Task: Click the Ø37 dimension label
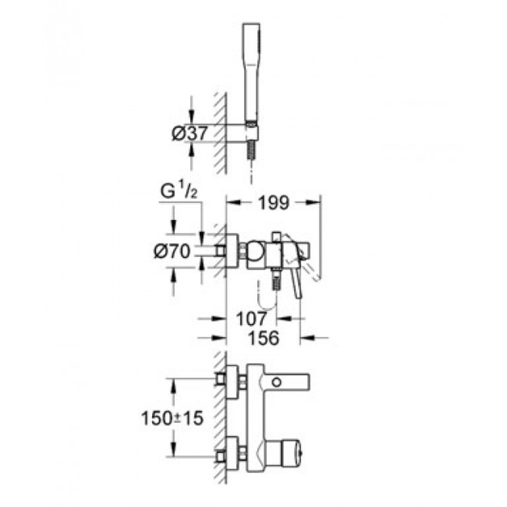click(189, 133)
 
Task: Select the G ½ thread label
click(179, 192)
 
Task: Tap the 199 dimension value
click(273, 203)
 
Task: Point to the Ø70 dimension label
click(172, 251)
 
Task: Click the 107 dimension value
click(252, 319)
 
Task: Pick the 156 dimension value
click(263, 338)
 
